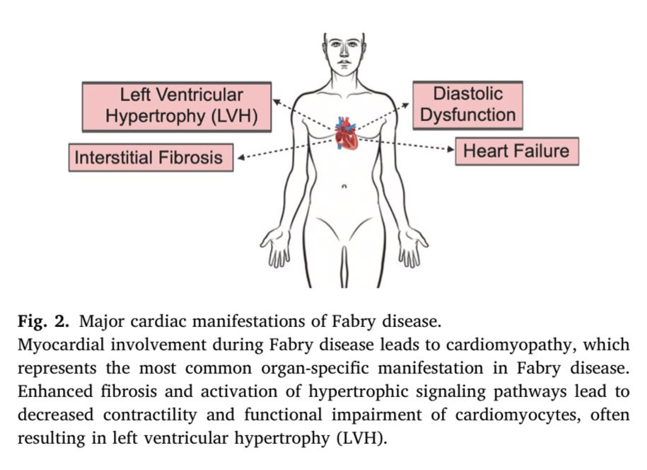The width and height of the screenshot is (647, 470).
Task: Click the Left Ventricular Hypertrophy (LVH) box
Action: [x=176, y=106]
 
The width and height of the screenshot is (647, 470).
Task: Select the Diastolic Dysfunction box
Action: [x=467, y=105]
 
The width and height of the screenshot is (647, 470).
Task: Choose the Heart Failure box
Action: [x=516, y=151]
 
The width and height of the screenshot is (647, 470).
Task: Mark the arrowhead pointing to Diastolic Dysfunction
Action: [x=405, y=103]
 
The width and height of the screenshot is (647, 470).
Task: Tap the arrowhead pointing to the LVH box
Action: [x=276, y=101]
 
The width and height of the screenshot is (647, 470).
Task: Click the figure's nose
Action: [x=344, y=56]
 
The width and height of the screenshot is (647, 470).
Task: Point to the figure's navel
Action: [x=344, y=186]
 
